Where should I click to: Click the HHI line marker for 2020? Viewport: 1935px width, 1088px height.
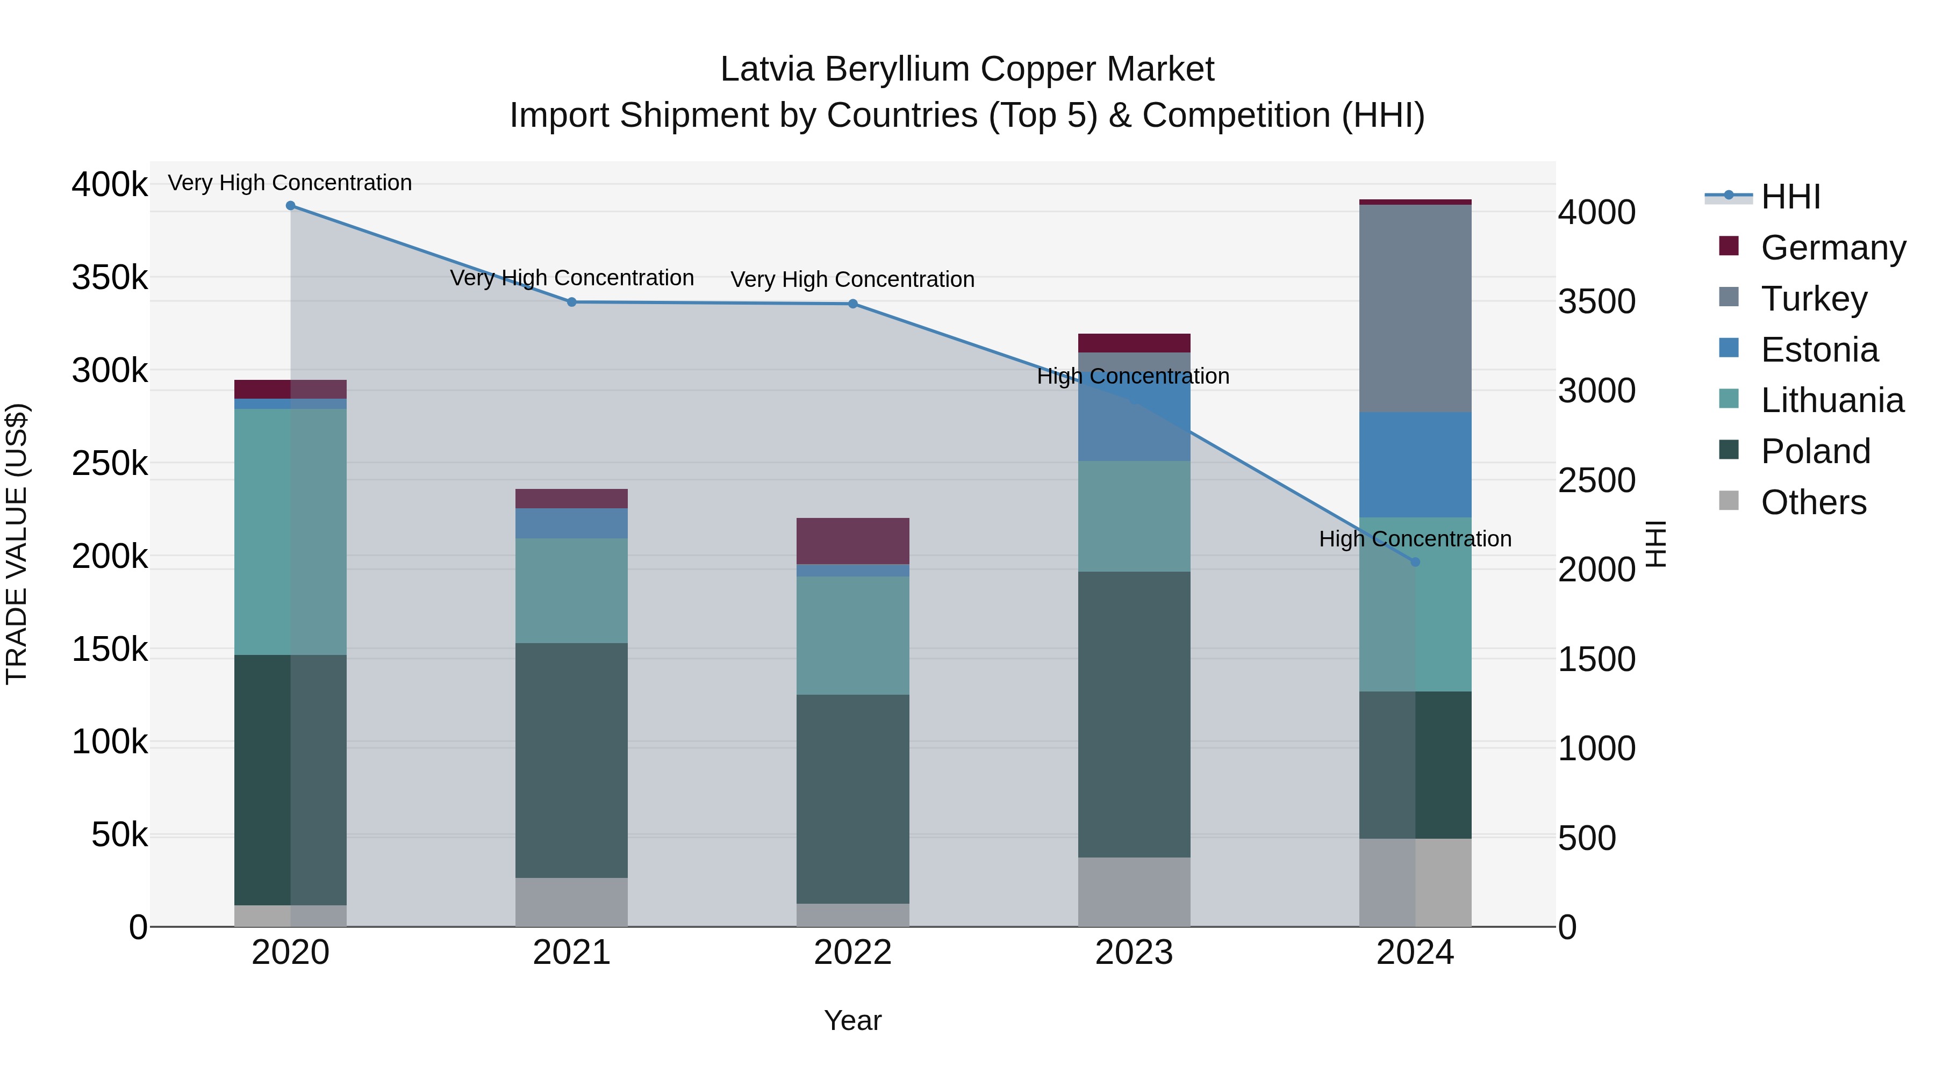pos(291,206)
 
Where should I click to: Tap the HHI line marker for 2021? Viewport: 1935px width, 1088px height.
pos(572,302)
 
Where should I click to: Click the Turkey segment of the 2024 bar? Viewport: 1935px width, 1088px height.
pos(1415,308)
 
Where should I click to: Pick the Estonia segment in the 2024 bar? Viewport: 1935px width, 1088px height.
pos(1415,465)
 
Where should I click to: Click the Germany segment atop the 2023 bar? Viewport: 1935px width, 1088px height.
pos(1134,343)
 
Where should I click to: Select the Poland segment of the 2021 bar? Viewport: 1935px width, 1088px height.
pos(572,760)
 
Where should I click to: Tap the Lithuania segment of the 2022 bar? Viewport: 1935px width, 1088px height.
pos(852,635)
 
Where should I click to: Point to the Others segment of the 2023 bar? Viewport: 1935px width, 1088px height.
pos(1134,892)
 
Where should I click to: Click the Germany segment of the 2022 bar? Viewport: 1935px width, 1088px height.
pos(852,541)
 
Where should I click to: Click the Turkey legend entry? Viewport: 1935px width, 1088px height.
pos(1814,299)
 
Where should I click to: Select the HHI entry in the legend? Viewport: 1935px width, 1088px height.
pos(1790,197)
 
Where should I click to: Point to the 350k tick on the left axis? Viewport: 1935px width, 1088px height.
pos(110,278)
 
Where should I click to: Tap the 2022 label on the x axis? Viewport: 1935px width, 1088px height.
pos(852,953)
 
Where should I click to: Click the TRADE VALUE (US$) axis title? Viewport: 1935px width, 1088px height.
pos(17,544)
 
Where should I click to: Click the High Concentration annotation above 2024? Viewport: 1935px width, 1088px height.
pos(1415,539)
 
